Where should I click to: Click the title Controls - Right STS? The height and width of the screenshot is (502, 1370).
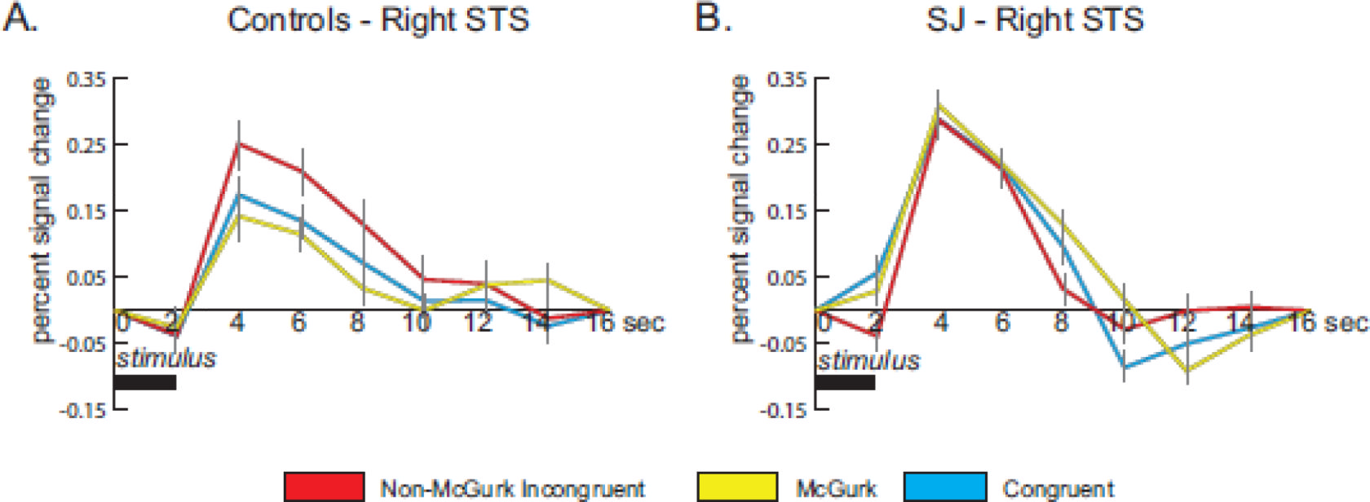pos(378,20)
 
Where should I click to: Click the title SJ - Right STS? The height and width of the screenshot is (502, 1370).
pos(1034,20)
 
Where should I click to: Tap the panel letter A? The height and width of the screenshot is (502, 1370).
pos(20,18)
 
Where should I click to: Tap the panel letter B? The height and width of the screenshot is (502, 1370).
pos(712,18)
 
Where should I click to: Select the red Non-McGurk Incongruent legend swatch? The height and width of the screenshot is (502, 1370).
pos(324,487)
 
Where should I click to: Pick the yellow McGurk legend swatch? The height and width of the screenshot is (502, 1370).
pos(737,487)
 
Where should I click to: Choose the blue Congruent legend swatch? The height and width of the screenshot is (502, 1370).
pos(945,487)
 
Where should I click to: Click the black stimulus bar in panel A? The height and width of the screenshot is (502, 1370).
pos(144,382)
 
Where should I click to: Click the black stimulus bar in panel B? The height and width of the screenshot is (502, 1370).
pos(845,382)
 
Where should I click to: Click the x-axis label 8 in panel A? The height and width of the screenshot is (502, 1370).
pos(357,323)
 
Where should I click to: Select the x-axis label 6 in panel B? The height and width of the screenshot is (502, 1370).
pos(1001,323)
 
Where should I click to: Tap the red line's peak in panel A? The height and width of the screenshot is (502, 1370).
pos(238,143)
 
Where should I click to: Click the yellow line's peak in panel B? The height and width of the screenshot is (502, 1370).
pos(939,104)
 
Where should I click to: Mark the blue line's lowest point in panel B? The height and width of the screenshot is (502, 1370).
pos(1124,368)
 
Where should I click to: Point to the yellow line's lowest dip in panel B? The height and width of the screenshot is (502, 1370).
pos(1187,372)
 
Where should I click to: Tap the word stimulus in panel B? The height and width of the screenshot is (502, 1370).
pos(868,360)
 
